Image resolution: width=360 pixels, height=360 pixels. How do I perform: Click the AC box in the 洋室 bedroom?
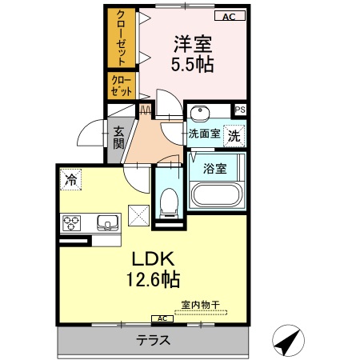coord(229,16)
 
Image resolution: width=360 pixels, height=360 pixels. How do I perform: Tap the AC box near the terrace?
coord(161,318)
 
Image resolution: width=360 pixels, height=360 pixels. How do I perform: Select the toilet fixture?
coord(169,202)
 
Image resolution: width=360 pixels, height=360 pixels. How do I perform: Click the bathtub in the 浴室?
coord(216,194)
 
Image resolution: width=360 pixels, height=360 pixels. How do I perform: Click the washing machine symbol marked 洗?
coord(233,135)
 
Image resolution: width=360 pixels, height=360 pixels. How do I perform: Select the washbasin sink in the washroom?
coord(202,112)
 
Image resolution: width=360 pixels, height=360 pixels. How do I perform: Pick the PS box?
coord(239,110)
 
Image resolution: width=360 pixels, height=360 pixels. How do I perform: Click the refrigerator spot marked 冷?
coord(72,181)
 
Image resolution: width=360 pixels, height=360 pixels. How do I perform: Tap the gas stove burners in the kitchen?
coord(70,222)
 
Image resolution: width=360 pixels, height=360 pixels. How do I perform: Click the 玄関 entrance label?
coord(118,138)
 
